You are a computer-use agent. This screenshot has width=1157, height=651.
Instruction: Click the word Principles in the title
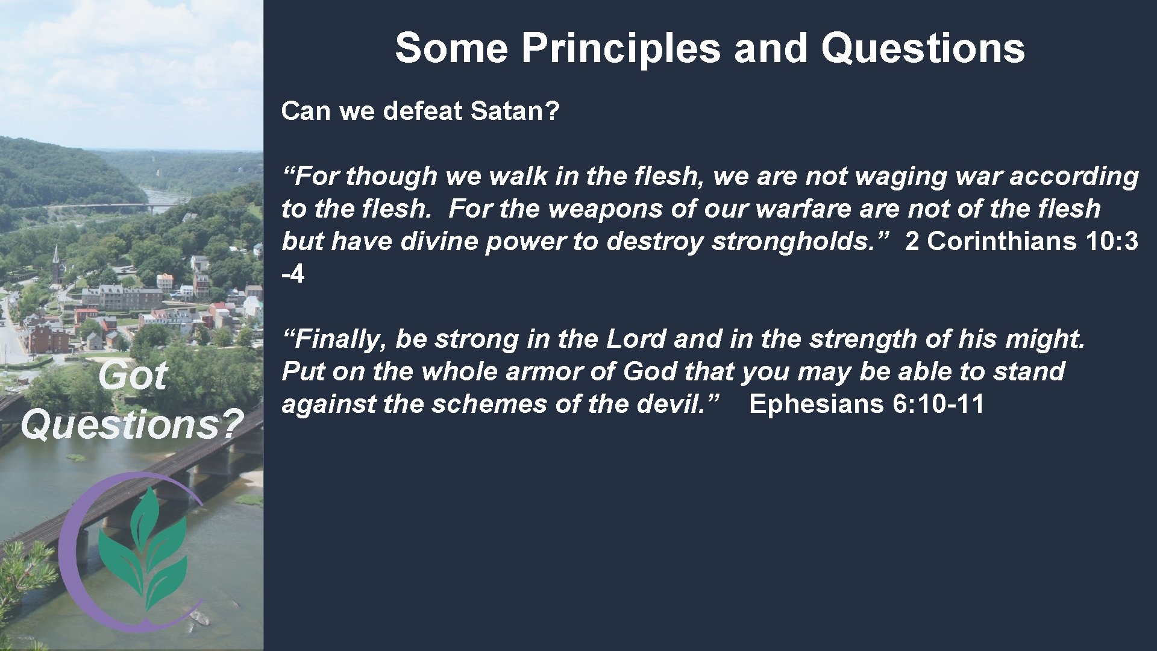point(621,48)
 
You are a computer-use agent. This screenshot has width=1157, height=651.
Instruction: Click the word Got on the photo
point(132,377)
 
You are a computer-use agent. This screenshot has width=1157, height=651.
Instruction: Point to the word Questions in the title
point(923,48)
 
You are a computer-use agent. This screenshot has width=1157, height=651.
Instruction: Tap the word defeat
point(422,111)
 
